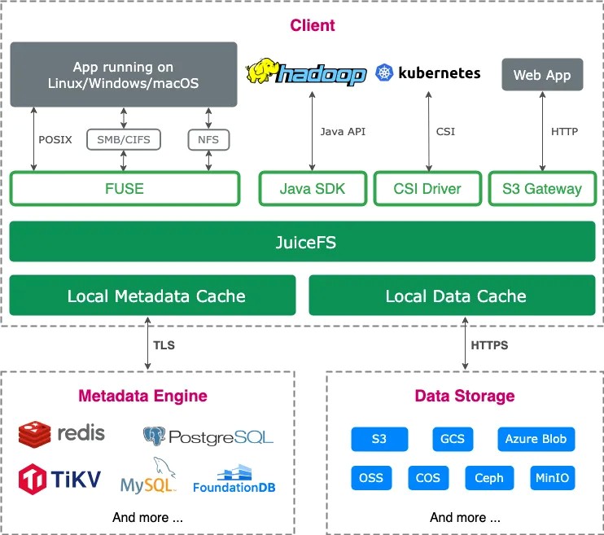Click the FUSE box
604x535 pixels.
click(125, 189)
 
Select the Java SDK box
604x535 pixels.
click(313, 189)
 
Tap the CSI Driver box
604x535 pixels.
click(427, 189)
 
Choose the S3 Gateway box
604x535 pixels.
click(541, 189)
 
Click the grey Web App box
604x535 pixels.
click(541, 75)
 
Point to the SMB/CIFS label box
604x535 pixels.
click(124, 139)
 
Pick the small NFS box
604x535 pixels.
click(208, 139)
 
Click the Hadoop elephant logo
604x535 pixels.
click(264, 72)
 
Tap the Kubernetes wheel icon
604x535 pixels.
click(384, 73)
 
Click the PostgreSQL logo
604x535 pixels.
click(208, 436)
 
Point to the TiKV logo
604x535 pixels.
click(59, 478)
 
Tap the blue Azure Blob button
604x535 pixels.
click(536, 439)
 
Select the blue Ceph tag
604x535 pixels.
click(488, 478)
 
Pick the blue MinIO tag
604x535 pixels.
click(552, 478)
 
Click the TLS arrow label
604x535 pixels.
click(164, 345)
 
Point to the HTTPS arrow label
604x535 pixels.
click(488, 345)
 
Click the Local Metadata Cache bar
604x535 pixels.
click(153, 296)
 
